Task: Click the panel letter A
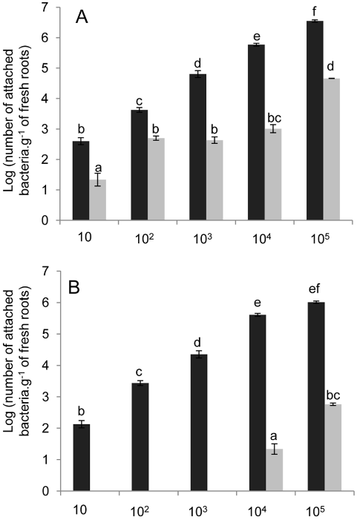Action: [x=82, y=17]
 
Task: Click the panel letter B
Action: [x=74, y=288]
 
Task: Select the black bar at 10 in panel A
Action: [x=81, y=181]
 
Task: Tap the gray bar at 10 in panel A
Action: [x=97, y=200]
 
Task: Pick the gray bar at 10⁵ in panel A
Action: [x=332, y=149]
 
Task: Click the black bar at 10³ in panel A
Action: [x=197, y=147]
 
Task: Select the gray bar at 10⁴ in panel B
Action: [x=274, y=470]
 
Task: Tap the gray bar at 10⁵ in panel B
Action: [x=333, y=448]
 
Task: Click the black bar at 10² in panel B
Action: [x=140, y=437]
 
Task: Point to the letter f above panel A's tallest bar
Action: [x=315, y=13]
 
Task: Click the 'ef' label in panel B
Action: [x=314, y=289]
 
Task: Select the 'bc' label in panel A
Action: [x=274, y=118]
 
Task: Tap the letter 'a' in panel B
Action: [x=275, y=435]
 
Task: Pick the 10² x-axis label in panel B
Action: [x=141, y=511]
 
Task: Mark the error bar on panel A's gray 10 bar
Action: [x=97, y=180]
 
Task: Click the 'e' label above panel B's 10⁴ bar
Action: [x=257, y=303]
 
